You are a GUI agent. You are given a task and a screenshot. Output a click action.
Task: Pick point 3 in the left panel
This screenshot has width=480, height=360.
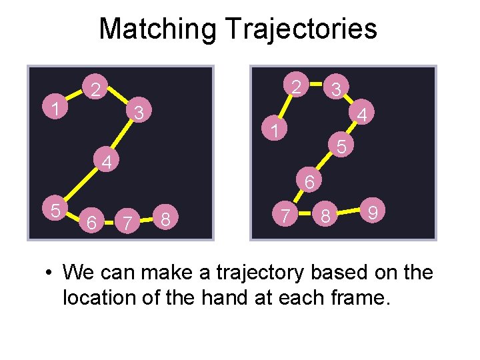pos(138,112)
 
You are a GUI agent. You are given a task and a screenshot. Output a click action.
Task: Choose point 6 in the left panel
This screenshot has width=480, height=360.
pos(93,219)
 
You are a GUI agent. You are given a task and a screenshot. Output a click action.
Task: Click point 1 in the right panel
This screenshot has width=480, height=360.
pos(273,129)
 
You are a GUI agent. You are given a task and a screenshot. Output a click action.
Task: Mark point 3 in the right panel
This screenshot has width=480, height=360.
pos(337,88)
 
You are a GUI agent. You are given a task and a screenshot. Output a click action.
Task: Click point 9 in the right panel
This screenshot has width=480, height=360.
pos(374,213)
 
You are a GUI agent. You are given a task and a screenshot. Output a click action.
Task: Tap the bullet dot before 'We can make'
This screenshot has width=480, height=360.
pos(50,273)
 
